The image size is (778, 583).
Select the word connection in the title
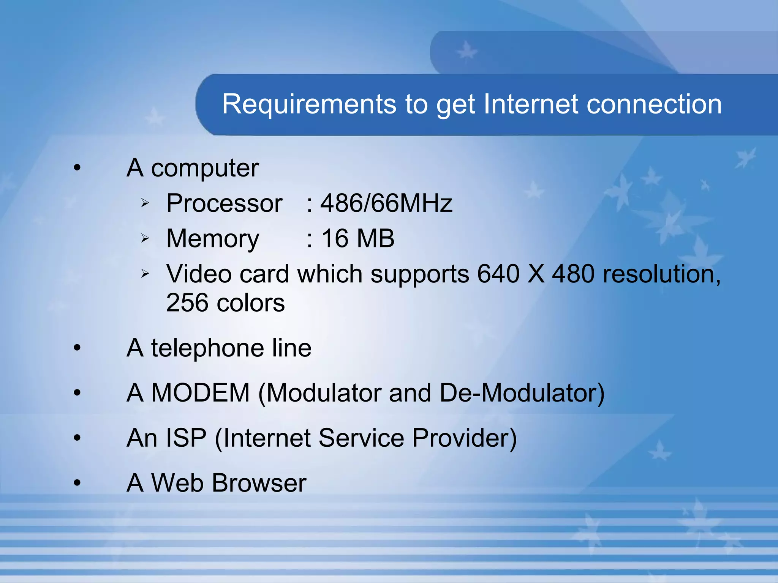(x=654, y=104)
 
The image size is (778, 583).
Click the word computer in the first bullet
(x=205, y=168)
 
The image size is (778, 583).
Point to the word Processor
(x=224, y=203)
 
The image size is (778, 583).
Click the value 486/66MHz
(x=386, y=203)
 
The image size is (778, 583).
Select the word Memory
(x=213, y=238)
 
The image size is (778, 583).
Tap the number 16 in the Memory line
(x=335, y=238)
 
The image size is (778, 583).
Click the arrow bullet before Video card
(x=145, y=273)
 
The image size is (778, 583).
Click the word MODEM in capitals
(x=200, y=392)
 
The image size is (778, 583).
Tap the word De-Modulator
(x=522, y=392)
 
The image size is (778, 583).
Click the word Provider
(x=464, y=438)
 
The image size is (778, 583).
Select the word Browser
(x=259, y=483)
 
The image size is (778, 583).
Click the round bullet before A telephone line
(x=77, y=348)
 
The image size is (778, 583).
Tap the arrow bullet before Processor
(x=145, y=203)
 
